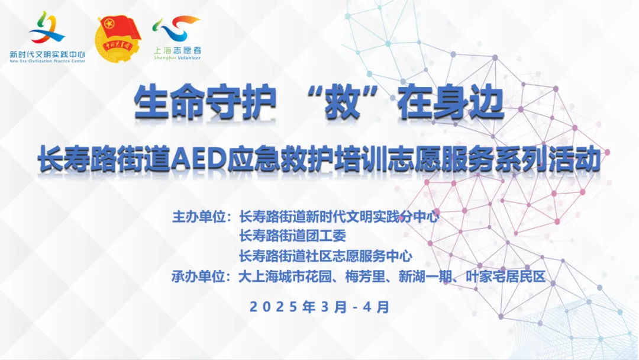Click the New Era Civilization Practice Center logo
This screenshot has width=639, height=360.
click(47, 37)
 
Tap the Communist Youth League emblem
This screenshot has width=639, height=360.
click(118, 38)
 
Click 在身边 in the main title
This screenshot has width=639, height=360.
click(451, 102)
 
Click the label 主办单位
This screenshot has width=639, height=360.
click(198, 217)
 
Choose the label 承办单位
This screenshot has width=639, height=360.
click(198, 277)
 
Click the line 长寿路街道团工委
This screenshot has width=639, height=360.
click(293, 236)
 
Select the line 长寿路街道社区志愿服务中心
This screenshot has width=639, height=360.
click(325, 256)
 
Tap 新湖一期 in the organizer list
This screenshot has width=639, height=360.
click(425, 277)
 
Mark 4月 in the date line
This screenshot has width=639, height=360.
click(376, 307)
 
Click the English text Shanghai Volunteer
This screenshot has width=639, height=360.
click(177, 58)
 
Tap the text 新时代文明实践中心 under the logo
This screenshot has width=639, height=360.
click(47, 54)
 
